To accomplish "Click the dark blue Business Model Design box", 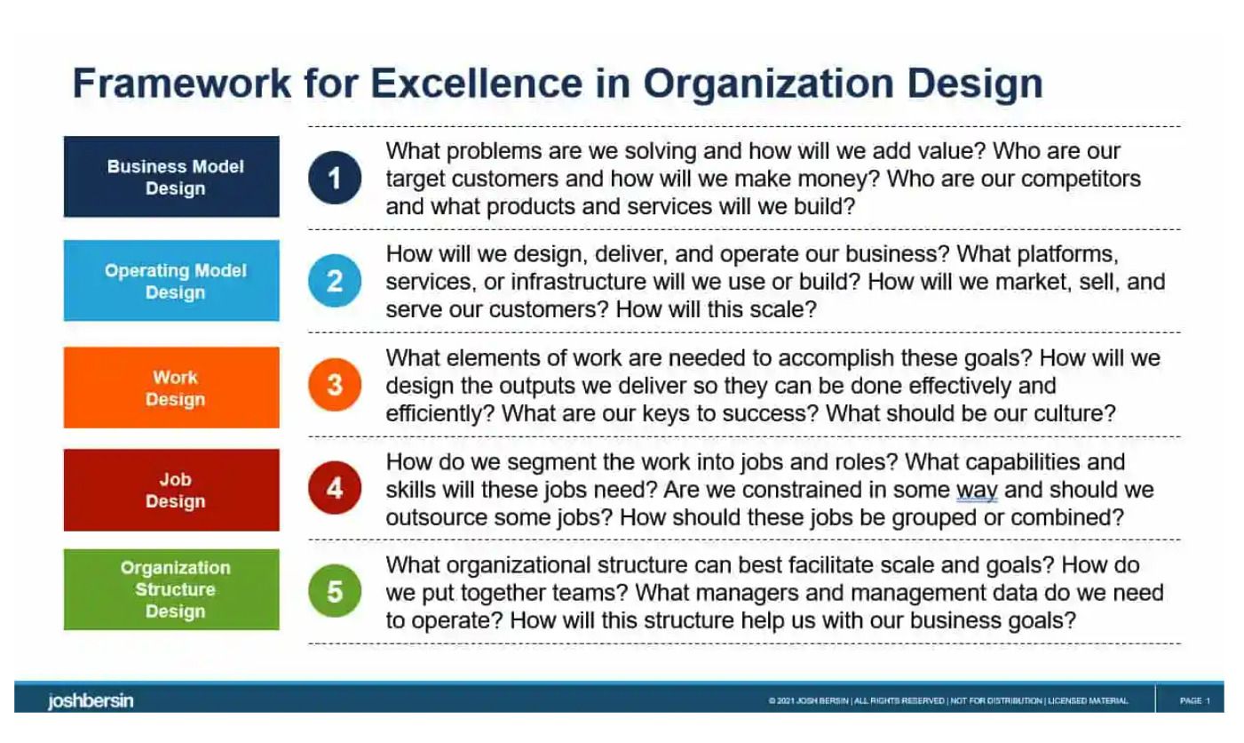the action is (x=171, y=177).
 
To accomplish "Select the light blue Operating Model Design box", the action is (x=171, y=281).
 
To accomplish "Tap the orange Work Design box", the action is (x=171, y=387).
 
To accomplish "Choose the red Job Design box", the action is (x=171, y=490).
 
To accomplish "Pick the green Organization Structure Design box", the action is (x=171, y=589).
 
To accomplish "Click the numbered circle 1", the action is (x=335, y=178).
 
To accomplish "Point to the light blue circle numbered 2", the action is (x=335, y=281).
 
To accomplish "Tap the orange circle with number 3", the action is (x=335, y=385).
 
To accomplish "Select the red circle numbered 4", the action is (x=335, y=488).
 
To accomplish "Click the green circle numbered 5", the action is (x=335, y=591).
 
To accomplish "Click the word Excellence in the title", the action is (x=477, y=84).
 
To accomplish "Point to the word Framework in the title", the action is (x=182, y=84).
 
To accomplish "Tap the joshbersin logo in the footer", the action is (x=91, y=700).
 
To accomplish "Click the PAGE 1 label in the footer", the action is (x=1194, y=700).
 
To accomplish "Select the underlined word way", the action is (x=977, y=490).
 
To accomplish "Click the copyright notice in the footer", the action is (x=948, y=700).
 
